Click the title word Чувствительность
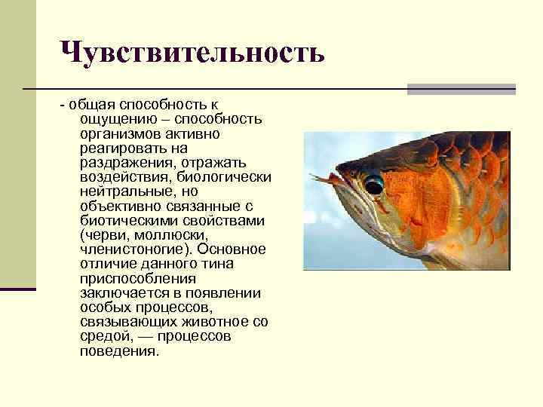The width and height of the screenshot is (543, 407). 193,52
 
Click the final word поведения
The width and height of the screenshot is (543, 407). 118,350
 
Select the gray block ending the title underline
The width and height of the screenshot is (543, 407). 461,89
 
